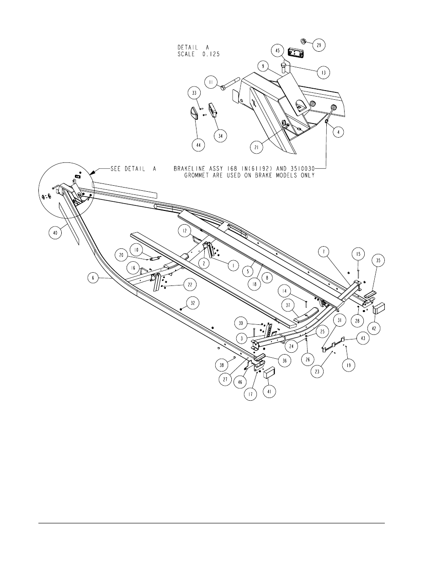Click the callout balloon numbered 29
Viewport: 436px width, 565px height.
pos(319,45)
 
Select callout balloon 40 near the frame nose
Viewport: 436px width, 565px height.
pos(55,233)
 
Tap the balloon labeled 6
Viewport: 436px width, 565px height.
pos(93,278)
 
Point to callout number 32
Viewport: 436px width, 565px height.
pos(193,303)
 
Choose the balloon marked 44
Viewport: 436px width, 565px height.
pos(198,145)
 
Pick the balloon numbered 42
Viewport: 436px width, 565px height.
pos(374,328)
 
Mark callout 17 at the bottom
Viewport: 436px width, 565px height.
pos(250,394)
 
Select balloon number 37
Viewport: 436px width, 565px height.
pos(288,305)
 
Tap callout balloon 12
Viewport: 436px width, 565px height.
pos(184,231)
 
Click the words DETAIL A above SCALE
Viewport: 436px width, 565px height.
pos(193,48)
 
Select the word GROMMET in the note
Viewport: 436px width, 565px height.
pos(197,176)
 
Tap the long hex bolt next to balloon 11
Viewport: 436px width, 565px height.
pos(230,83)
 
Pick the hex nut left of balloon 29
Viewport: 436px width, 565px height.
pos(303,41)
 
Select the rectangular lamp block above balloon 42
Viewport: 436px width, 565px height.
pos(379,308)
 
